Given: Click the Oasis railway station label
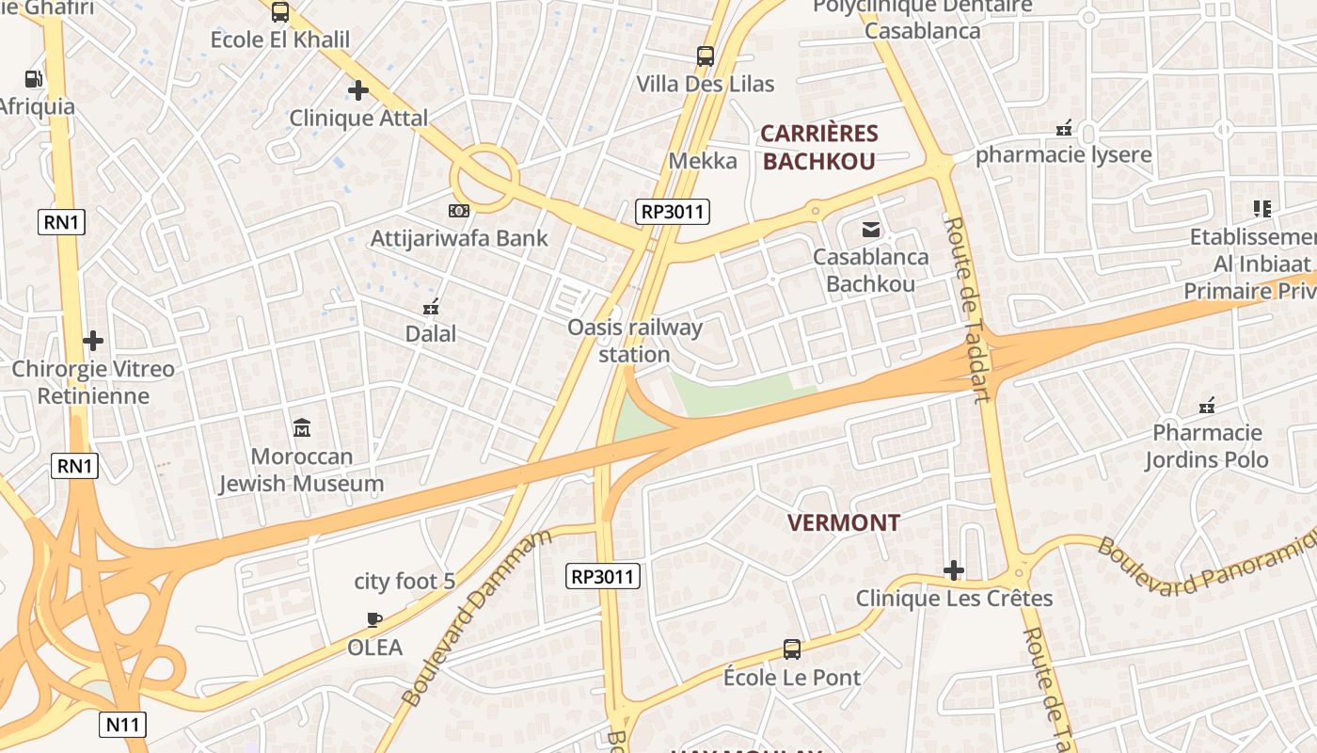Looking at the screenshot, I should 635,341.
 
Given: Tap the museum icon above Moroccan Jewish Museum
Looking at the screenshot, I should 302,428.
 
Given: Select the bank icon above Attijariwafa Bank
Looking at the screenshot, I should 459,210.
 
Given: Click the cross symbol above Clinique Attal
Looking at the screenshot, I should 357,90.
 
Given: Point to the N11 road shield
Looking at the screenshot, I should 122,724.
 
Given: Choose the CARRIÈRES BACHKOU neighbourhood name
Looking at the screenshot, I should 818,147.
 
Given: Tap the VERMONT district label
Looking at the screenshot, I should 843,522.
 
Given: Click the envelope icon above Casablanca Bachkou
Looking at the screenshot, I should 870,229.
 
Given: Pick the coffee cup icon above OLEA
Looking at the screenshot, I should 374,619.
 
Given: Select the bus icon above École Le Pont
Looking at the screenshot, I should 792,649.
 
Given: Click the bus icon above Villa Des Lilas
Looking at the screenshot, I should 706,56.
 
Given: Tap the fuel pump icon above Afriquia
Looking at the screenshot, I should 34,79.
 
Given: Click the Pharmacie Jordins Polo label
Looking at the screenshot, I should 1207,446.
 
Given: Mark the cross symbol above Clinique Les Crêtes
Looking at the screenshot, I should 954,570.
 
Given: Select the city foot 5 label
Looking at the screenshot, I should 405,582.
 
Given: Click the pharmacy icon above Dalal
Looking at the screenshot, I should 431,306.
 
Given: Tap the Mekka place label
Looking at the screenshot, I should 703,161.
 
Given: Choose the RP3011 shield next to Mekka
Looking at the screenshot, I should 673,211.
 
